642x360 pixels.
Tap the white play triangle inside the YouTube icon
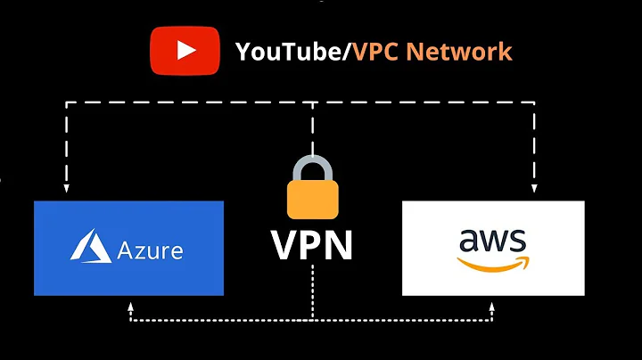(186, 50)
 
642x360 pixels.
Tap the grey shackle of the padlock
(311, 165)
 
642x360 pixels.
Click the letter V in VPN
(287, 246)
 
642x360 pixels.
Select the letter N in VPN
(338, 246)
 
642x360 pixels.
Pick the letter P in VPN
(312, 246)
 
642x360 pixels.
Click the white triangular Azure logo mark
(91, 247)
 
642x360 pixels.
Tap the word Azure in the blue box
(150, 249)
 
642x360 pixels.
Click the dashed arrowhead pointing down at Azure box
(65, 189)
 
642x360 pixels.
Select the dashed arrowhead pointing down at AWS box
(535, 189)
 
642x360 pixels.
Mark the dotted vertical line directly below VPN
(312, 294)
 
